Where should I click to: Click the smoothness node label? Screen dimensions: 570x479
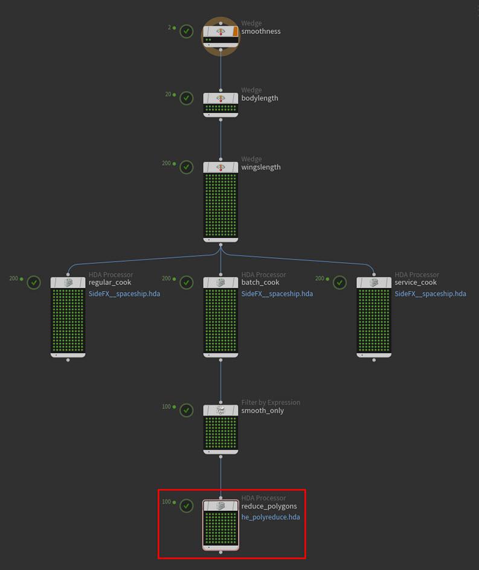(x=261, y=31)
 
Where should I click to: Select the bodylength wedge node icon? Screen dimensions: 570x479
(x=220, y=98)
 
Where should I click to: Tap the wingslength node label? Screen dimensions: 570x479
(x=261, y=167)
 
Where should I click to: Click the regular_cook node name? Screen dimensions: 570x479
(x=109, y=283)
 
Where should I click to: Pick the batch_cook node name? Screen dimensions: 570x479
(x=260, y=283)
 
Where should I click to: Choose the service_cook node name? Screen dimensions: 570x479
(x=416, y=283)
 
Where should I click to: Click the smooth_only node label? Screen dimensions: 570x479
(x=262, y=411)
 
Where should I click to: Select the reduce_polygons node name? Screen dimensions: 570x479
(x=269, y=506)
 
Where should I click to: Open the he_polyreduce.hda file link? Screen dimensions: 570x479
(x=271, y=517)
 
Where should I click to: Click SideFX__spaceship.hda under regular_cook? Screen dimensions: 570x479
(x=124, y=294)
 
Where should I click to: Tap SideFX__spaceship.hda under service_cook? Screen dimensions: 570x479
(x=430, y=294)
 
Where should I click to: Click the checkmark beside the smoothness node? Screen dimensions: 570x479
(x=187, y=31)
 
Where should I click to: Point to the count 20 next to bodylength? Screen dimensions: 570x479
(x=169, y=94)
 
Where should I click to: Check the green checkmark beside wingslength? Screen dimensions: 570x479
(x=187, y=167)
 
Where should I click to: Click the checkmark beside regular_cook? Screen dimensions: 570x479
(x=34, y=282)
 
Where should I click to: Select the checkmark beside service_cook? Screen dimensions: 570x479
(x=340, y=282)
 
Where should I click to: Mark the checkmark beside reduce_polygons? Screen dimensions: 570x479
(x=187, y=505)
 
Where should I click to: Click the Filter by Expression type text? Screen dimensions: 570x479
(x=271, y=402)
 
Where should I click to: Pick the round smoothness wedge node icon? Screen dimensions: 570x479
(x=220, y=36)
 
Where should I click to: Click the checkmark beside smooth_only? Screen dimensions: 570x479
(x=187, y=410)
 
